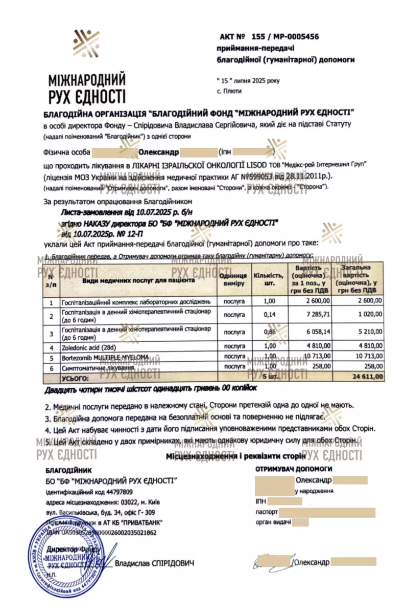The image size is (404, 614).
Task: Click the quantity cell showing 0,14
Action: point(270,314)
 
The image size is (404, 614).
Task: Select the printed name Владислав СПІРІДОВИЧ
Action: point(155,563)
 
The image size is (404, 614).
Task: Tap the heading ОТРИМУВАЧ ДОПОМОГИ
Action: point(294,468)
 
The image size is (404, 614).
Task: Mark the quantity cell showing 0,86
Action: point(270,332)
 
